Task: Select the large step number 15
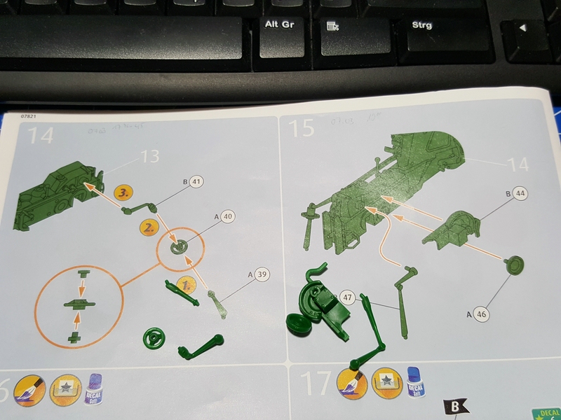pos(302,128)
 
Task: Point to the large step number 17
pos(316,384)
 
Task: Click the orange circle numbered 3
pos(123,190)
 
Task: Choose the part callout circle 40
pos(227,217)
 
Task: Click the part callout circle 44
pos(520,192)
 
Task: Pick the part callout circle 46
pos(480,314)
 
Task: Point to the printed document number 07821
pos(30,116)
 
